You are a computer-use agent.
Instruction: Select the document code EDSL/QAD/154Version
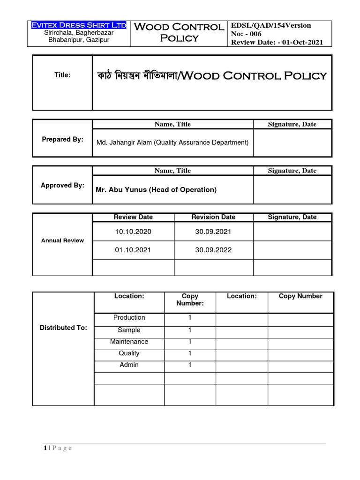[x=271, y=25]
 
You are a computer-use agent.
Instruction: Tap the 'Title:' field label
[x=62, y=75]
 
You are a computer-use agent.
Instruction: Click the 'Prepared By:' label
[x=62, y=140]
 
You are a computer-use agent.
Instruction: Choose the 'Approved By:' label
[x=62, y=185]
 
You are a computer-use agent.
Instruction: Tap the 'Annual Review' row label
[x=62, y=240]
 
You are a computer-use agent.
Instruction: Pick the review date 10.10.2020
[x=133, y=232]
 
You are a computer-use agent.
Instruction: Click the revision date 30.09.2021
[x=213, y=232]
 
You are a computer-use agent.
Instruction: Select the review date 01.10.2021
[x=133, y=250]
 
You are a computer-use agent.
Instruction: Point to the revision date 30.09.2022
[x=213, y=250]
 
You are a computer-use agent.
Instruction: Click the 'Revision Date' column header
[x=213, y=217]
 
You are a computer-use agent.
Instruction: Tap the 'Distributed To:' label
[x=63, y=328]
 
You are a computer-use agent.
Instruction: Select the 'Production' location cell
[x=129, y=317]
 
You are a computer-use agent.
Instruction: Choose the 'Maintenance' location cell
[x=129, y=342]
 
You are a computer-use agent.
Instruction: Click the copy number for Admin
[x=190, y=365]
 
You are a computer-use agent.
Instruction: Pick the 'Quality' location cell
[x=129, y=353]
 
